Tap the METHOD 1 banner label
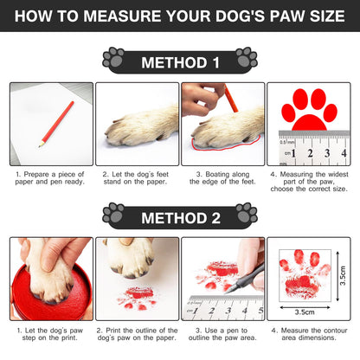[180, 62]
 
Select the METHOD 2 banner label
[181, 218]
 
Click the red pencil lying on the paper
[56, 124]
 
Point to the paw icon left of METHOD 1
[113, 57]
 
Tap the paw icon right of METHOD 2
[247, 213]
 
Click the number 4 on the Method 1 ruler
[344, 153]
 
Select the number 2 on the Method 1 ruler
[310, 153]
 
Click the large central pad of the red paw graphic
[309, 123]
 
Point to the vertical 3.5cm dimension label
[343, 275]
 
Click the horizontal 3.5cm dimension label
[305, 312]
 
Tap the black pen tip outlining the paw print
[228, 291]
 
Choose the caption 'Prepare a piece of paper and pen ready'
[49, 178]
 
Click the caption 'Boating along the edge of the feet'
[222, 178]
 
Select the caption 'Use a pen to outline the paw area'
[222, 334]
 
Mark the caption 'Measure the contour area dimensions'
[309, 334]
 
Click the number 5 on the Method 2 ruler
[260, 311]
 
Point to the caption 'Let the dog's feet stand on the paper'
[135, 178]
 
